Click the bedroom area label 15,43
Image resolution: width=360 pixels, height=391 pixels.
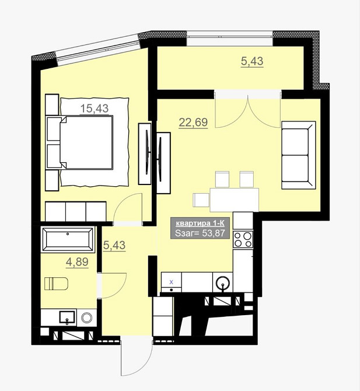pyautogui.click(x=95, y=109)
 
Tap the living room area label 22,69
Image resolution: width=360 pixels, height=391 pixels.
pyautogui.click(x=193, y=123)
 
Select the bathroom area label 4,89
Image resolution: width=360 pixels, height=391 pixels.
pyautogui.click(x=77, y=262)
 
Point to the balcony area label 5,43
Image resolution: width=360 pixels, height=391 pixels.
pyautogui.click(x=252, y=61)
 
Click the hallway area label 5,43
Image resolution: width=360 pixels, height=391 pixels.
pyautogui.click(x=114, y=245)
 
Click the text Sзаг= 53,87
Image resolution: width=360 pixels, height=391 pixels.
pyautogui.click(x=200, y=233)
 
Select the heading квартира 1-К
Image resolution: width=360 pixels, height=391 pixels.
pyautogui.click(x=200, y=223)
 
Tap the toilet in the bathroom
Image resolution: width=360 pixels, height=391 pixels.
pyautogui.click(x=56, y=284)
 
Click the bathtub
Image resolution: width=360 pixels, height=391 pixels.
pyautogui.click(x=68, y=239)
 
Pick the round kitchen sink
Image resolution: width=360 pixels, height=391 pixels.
pyautogui.click(x=222, y=282)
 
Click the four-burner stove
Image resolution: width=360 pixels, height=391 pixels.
pyautogui.click(x=243, y=239)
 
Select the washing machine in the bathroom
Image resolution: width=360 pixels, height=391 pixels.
pyautogui.click(x=87, y=317)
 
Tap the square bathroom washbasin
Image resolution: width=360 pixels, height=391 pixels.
pyautogui.click(x=67, y=317)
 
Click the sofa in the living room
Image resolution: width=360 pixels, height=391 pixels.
pyautogui.click(x=298, y=155)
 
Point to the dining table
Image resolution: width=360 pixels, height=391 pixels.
pyautogui.click(x=234, y=200)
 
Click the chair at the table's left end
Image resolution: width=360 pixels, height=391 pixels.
pyautogui.click(x=201, y=200)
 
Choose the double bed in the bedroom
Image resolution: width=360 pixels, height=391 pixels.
pyautogui.click(x=86, y=142)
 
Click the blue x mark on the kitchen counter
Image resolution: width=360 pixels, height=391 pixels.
pyautogui.click(x=172, y=282)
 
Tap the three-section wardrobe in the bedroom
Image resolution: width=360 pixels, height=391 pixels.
pyautogui.click(x=75, y=211)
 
